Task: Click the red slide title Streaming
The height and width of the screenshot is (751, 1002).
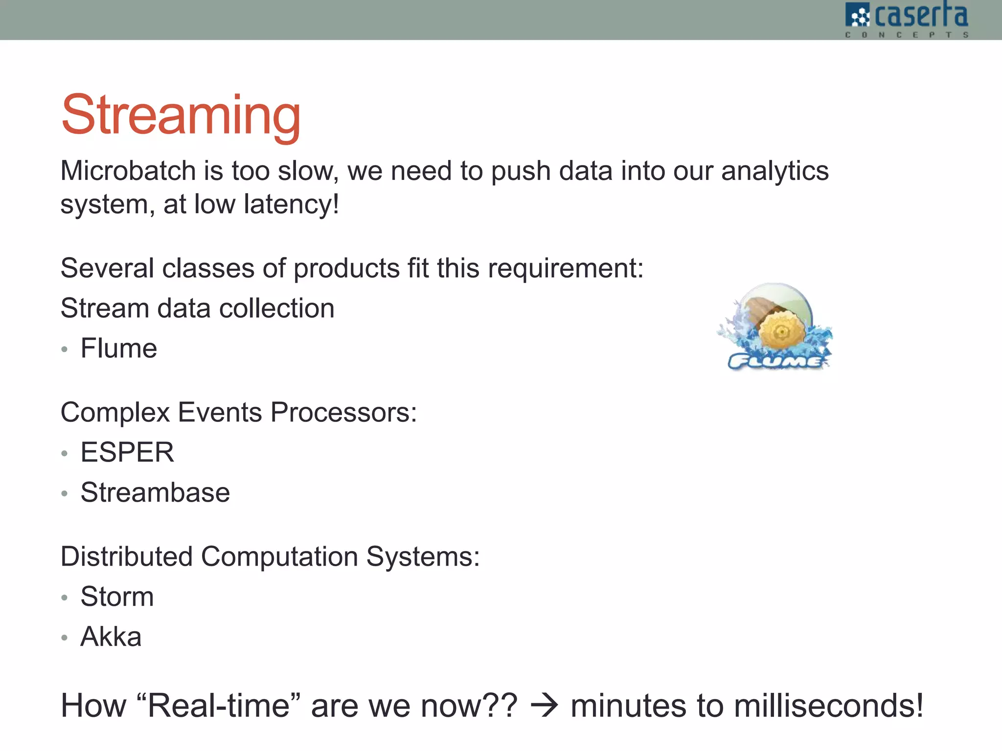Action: pos(181,115)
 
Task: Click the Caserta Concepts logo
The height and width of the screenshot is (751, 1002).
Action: pos(907,20)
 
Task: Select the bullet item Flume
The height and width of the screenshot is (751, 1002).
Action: pos(119,349)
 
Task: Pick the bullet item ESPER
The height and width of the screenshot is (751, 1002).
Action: pos(127,452)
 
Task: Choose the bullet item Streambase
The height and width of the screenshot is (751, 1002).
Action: pos(155,492)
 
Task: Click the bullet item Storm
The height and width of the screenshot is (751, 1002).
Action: pos(117,596)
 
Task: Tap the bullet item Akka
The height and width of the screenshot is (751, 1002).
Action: pos(111,637)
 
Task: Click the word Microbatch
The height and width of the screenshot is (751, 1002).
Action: pos(128,171)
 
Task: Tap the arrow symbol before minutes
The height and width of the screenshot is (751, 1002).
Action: pos(544,706)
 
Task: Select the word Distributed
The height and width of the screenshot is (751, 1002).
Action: pos(127,556)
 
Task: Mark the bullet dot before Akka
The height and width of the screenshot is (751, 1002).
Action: pos(65,638)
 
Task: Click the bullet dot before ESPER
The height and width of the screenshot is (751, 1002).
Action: pos(65,453)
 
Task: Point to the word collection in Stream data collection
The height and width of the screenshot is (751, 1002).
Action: pos(277,309)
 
